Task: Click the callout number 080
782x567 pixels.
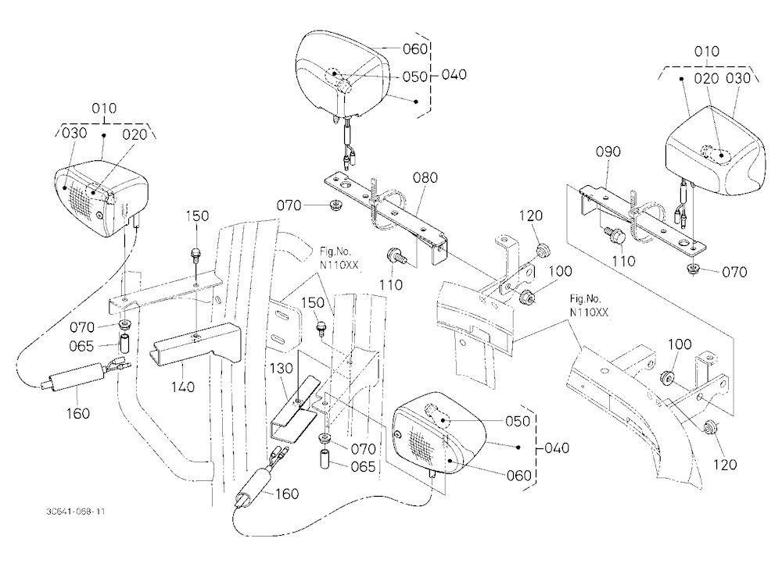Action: [x=425, y=178]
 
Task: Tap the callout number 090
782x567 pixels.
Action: [x=608, y=152]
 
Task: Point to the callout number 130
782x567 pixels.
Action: [x=282, y=369]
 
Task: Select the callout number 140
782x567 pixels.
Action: [x=183, y=387]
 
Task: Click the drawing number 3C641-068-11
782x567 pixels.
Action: [x=75, y=512]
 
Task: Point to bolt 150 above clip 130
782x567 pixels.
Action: [x=321, y=327]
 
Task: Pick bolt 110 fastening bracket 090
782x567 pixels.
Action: [x=614, y=235]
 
